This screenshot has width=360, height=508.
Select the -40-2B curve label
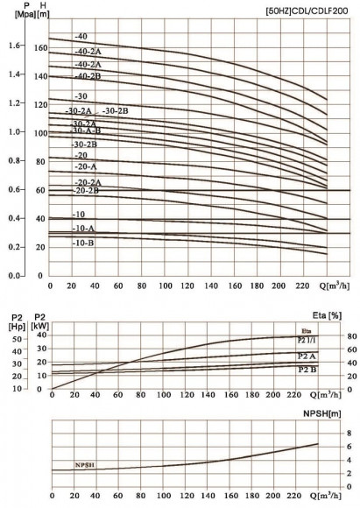click(x=89, y=76)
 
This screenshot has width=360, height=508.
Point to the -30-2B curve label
click(x=116, y=110)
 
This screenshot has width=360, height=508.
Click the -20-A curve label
click(x=86, y=166)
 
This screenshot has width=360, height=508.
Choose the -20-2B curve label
click(x=86, y=190)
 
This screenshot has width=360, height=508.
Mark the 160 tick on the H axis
click(x=39, y=47)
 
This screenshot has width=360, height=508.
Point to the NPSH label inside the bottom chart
click(x=86, y=465)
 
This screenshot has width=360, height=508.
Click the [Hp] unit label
click(x=15, y=325)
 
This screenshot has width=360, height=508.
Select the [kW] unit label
click(x=39, y=325)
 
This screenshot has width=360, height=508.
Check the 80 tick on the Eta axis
click(x=327, y=335)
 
